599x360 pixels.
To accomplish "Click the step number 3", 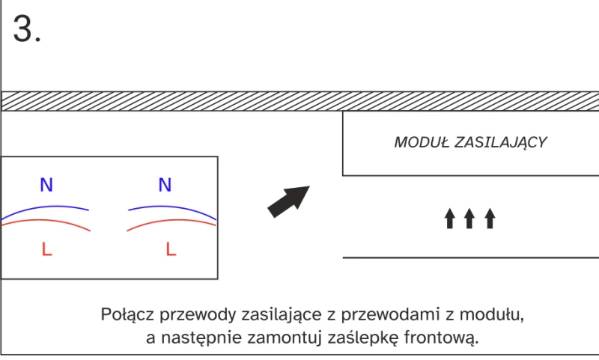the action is pos(27,28).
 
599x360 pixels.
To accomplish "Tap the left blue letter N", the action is pos(46,185).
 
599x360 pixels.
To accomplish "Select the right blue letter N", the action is pos(165,185).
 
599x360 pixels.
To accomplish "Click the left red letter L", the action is pos(46,249).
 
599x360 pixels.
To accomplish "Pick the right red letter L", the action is pos(171,249).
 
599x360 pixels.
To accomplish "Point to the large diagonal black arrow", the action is pos(288,201).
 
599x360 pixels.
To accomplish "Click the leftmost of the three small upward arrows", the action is pos(450,219).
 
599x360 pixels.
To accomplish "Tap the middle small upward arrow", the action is pos(469,219).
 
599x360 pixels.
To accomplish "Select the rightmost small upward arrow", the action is pos(490,219).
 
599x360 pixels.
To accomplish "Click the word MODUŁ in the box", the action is pos(422,142).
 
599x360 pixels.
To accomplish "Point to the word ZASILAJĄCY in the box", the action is pos(500,143).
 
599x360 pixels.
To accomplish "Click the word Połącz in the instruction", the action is pos(127,314).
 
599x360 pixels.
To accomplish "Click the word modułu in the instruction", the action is pos(492,314).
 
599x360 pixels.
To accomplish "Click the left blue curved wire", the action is pos(45,207).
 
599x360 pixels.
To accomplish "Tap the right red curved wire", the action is pos(171,220).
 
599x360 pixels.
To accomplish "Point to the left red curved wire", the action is pos(46,220).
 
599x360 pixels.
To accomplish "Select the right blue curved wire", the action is pos(172,207).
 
